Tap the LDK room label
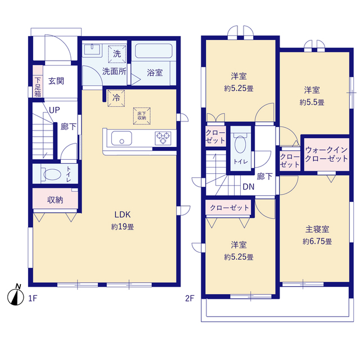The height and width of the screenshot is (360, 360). [x=123, y=214]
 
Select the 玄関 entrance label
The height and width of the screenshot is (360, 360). [x=56, y=80]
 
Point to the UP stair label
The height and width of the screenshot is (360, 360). [x=55, y=110]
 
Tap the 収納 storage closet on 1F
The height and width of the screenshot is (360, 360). [x=55, y=199]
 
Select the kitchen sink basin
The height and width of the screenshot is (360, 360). [x=120, y=138]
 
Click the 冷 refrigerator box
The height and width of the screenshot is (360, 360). [x=116, y=97]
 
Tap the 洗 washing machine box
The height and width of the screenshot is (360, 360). [x=116, y=54]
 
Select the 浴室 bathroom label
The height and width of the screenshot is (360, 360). [x=155, y=72]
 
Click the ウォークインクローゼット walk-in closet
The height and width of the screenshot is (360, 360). [x=326, y=154]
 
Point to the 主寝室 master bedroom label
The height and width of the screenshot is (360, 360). [x=317, y=229]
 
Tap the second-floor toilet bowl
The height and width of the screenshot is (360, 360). [x=238, y=144]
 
